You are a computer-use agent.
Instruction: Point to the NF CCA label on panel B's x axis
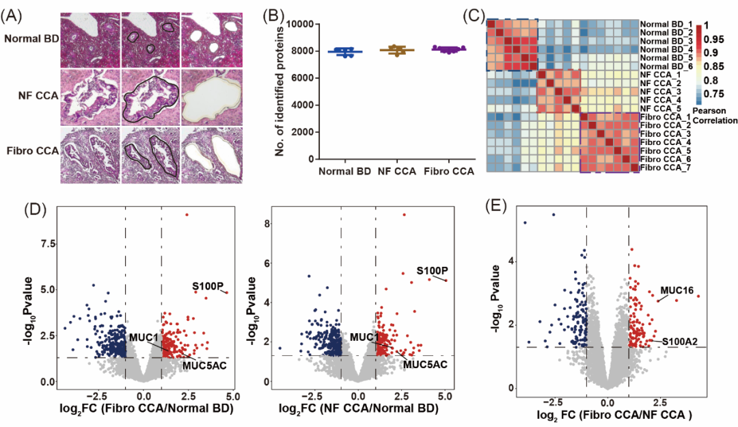pyautogui.click(x=395, y=170)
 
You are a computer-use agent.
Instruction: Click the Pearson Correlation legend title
pyautogui.click(x=713, y=116)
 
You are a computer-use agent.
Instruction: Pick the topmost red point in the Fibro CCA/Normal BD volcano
pyautogui.click(x=186, y=215)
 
